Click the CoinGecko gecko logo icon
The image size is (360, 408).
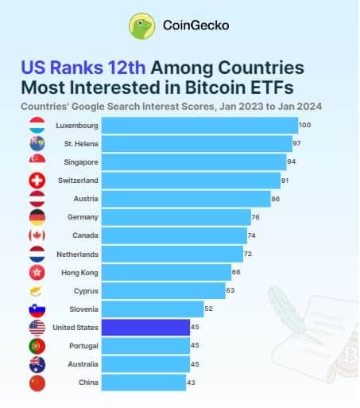(x=141, y=26)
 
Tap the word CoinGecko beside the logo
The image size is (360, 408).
(x=196, y=25)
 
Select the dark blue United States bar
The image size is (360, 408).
(x=145, y=328)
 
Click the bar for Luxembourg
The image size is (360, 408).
(x=200, y=126)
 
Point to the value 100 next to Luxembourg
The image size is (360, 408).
(x=305, y=125)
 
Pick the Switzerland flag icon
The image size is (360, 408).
(x=37, y=181)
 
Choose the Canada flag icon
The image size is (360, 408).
(x=37, y=235)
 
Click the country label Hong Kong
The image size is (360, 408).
(x=79, y=273)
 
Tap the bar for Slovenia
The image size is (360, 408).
(x=153, y=309)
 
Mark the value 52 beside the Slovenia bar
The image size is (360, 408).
(x=208, y=309)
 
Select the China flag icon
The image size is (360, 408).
(x=37, y=383)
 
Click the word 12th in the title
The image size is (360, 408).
(x=126, y=68)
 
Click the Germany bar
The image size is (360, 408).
(x=176, y=217)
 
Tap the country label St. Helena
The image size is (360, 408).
(x=81, y=144)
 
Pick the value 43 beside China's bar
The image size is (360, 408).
(x=191, y=383)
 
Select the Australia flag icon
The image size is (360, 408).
(x=37, y=364)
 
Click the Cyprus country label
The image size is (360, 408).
(x=86, y=291)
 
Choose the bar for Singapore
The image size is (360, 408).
(x=194, y=162)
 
